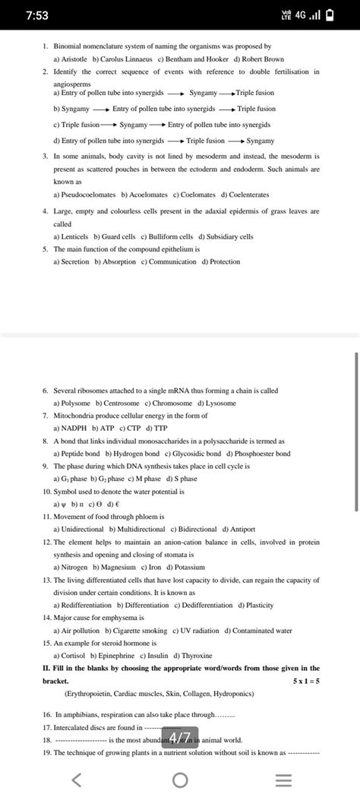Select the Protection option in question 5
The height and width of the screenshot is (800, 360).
pyautogui.click(x=221, y=262)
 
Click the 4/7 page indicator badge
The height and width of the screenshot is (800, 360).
pyautogui.click(x=180, y=738)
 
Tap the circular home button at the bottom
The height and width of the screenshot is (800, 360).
pyautogui.click(x=180, y=781)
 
